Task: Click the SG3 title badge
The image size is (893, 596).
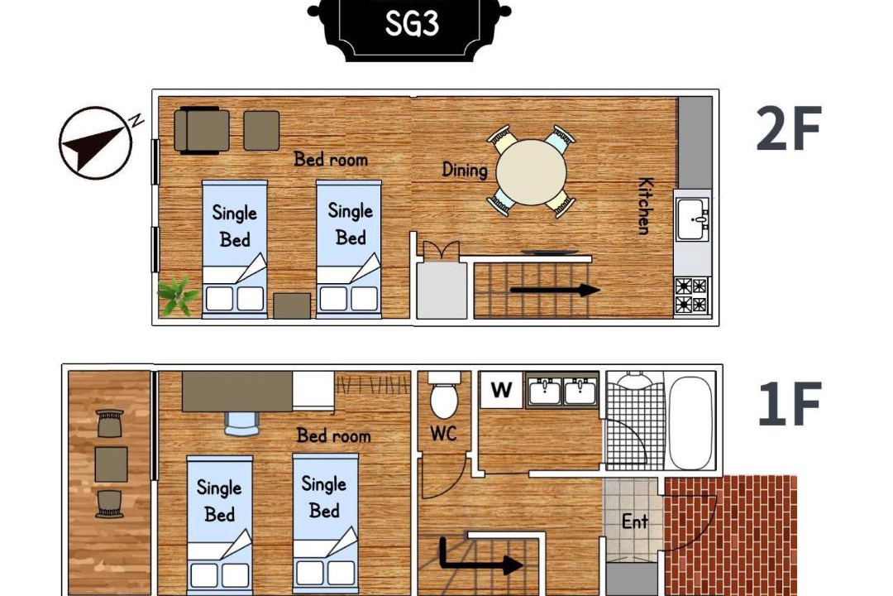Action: tap(409, 26)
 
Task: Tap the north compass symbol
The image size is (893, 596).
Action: tap(95, 142)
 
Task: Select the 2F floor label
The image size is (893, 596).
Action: tap(789, 128)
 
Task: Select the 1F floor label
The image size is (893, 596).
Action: tap(790, 404)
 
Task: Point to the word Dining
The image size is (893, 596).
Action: tap(465, 170)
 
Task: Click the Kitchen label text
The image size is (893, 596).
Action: tap(645, 205)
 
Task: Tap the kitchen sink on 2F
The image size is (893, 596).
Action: tap(693, 219)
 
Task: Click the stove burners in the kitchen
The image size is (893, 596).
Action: tap(690, 296)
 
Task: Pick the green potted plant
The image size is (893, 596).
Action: tap(177, 296)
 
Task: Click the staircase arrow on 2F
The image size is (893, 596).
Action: tap(554, 290)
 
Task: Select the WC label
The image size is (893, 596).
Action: tap(443, 434)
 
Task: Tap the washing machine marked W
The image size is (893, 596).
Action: tap(501, 390)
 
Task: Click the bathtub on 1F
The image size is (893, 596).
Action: tap(690, 421)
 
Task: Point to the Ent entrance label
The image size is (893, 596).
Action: tap(634, 521)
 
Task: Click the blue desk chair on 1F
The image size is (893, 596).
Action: tap(241, 423)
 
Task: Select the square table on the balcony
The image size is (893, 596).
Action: tap(111, 464)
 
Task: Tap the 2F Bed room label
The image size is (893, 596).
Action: tap(331, 159)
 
